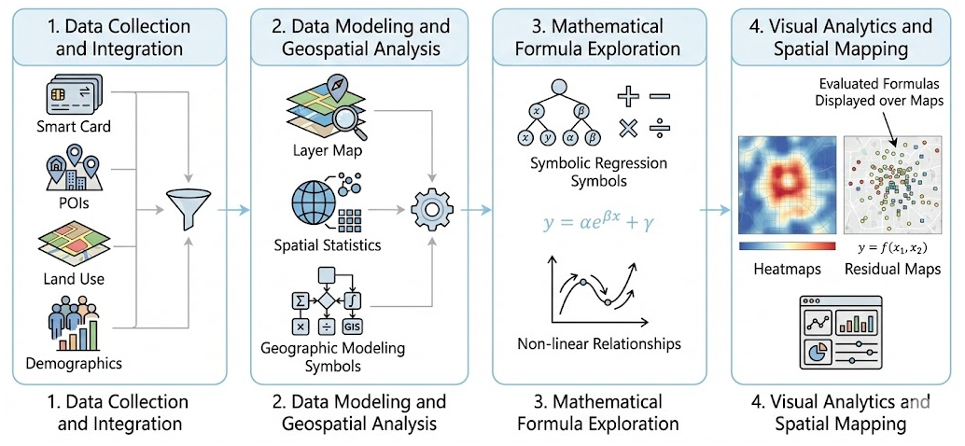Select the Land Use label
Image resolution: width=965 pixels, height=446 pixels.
[x=72, y=278]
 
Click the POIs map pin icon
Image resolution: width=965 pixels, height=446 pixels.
[x=72, y=172]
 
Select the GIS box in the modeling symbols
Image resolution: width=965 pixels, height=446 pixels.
[x=352, y=327]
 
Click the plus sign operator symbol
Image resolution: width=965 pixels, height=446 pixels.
[x=630, y=95]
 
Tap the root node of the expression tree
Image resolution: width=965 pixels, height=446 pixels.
[x=559, y=89]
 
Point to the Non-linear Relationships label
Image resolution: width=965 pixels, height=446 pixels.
[x=598, y=344]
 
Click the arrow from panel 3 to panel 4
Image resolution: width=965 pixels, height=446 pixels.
[x=715, y=209]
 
